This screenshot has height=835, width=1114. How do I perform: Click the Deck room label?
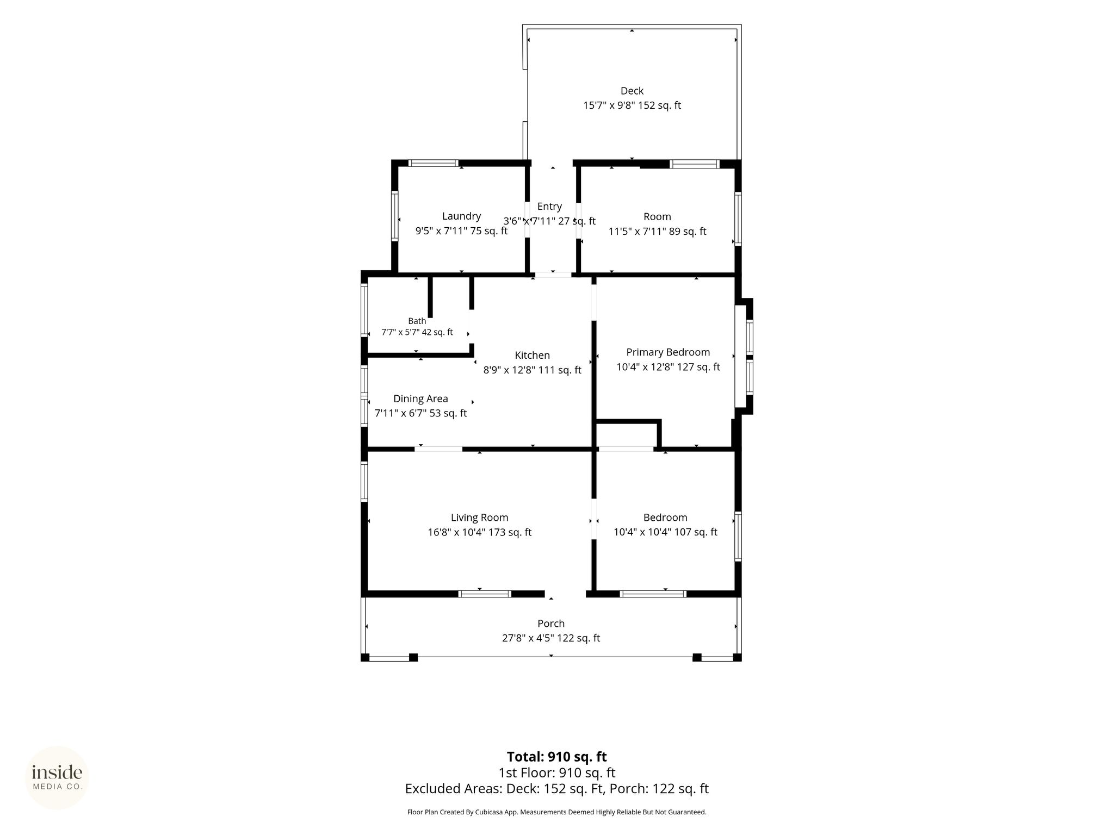pos(632,91)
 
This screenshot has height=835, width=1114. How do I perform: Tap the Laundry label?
pos(461,216)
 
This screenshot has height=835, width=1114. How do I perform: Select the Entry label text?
pos(549,207)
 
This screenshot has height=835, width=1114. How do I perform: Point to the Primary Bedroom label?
pos(668,352)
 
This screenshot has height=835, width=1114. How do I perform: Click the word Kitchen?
pos(532,356)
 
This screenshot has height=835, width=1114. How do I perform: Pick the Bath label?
pos(417,321)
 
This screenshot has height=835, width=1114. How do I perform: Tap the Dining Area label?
pos(420,399)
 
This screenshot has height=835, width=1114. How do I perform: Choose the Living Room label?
pos(479,518)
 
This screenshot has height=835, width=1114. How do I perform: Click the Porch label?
pos(551,624)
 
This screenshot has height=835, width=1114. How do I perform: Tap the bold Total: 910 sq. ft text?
pos(556,757)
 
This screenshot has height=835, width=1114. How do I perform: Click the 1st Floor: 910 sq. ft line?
pos(556,772)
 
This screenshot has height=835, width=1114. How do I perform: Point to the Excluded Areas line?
pos(556,789)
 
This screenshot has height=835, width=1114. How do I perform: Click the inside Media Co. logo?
pos(57,777)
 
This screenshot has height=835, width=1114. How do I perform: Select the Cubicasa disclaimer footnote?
pos(556,812)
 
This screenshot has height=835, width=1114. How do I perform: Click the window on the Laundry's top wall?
pos(434,163)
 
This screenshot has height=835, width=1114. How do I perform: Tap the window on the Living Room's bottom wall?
pos(485,594)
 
